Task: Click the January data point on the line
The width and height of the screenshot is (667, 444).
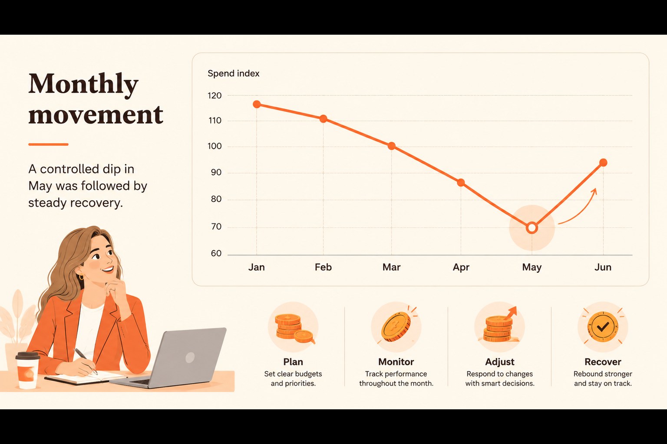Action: coord(257,104)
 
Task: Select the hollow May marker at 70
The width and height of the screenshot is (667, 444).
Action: coord(532,228)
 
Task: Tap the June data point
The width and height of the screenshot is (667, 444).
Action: coord(603,163)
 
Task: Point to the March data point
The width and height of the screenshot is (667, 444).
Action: coord(392,146)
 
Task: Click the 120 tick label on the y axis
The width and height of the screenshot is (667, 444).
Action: coord(215,96)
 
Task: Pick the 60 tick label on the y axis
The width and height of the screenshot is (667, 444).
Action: coord(216,253)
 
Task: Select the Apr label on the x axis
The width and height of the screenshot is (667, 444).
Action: coord(461,268)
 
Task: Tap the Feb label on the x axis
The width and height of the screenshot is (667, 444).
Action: coord(323,267)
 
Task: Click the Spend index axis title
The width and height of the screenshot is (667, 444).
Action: coord(234,73)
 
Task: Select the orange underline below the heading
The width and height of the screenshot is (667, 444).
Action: coord(48,144)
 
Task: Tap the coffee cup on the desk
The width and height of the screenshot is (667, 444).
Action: coord(27,370)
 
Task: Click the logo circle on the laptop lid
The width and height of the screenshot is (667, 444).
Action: coord(190,357)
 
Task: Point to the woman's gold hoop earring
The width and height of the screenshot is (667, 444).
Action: coord(81,277)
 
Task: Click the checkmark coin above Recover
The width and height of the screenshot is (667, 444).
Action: coord(603,327)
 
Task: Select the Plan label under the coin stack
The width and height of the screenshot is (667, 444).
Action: coord(293,362)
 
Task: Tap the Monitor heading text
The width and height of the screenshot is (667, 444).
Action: coord(396,362)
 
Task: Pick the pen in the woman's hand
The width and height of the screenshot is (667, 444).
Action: coord(86,361)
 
